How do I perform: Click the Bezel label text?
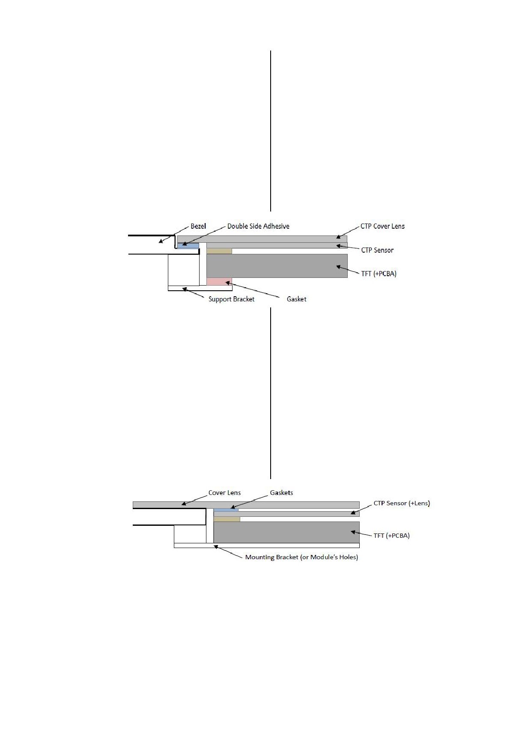[x=198, y=226]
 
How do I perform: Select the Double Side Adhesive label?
[x=258, y=226]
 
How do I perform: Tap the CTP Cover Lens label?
[x=382, y=226]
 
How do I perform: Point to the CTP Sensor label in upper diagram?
[x=377, y=250]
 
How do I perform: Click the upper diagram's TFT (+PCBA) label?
[x=379, y=274]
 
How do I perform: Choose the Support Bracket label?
[x=231, y=299]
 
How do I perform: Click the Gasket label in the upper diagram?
[x=296, y=299]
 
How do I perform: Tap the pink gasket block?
[x=219, y=281]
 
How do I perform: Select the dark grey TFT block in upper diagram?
[x=277, y=266]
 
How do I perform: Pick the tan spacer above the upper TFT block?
[x=219, y=251]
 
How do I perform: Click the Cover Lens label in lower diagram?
[x=224, y=493]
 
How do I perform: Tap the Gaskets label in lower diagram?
[x=281, y=493]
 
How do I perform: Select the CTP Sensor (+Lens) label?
[x=402, y=503]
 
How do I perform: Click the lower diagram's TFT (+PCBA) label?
[x=391, y=535]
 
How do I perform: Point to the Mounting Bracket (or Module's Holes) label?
[x=301, y=557]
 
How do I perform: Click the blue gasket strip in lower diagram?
[x=226, y=510]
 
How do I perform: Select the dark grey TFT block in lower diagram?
[x=286, y=532]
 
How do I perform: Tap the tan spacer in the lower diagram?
[x=227, y=519]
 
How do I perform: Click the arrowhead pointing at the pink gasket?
[x=228, y=283]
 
